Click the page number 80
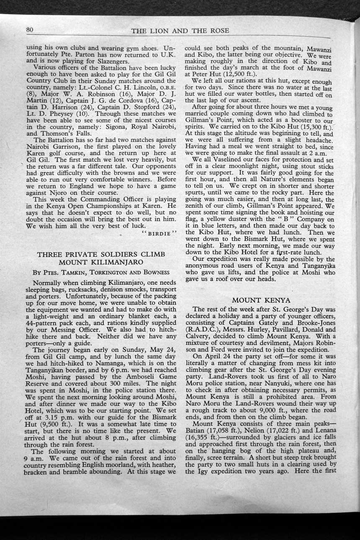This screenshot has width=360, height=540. [29, 30]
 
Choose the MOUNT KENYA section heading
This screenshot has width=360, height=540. [261, 300]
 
